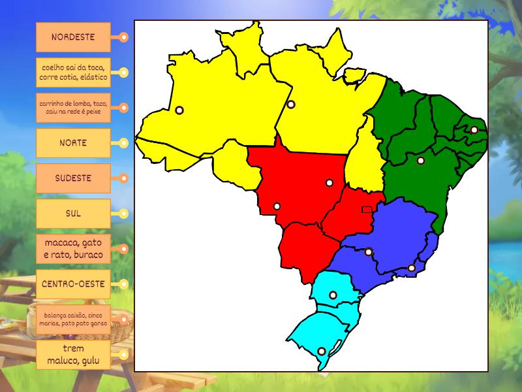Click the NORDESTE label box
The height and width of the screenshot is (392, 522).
[73, 37]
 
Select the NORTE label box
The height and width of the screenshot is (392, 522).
[73, 143]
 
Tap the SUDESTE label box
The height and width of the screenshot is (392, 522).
[73, 178]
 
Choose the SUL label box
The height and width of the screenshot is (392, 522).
[73, 214]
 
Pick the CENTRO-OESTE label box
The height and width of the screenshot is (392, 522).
[73, 284]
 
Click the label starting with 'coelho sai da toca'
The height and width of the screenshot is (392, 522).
[73, 73]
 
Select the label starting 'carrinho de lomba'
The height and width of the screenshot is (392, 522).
[73, 108]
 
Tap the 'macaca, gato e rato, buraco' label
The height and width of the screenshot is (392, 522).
[73, 249]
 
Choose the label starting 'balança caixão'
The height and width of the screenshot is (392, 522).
[73, 319]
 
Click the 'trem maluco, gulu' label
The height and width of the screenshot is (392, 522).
[73, 355]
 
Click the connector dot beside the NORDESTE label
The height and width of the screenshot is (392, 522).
[123, 37]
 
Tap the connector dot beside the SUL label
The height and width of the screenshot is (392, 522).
[123, 214]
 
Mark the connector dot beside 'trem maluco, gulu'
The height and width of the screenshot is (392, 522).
[123, 355]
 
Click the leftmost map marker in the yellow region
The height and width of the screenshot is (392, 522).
[179, 110]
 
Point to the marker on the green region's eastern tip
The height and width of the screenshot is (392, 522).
[474, 130]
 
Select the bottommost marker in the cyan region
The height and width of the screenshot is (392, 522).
[321, 351]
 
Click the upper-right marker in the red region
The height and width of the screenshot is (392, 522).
[330, 183]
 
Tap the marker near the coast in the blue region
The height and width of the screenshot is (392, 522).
[412, 268]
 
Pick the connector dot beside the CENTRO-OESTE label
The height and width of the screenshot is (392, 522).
[123, 284]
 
